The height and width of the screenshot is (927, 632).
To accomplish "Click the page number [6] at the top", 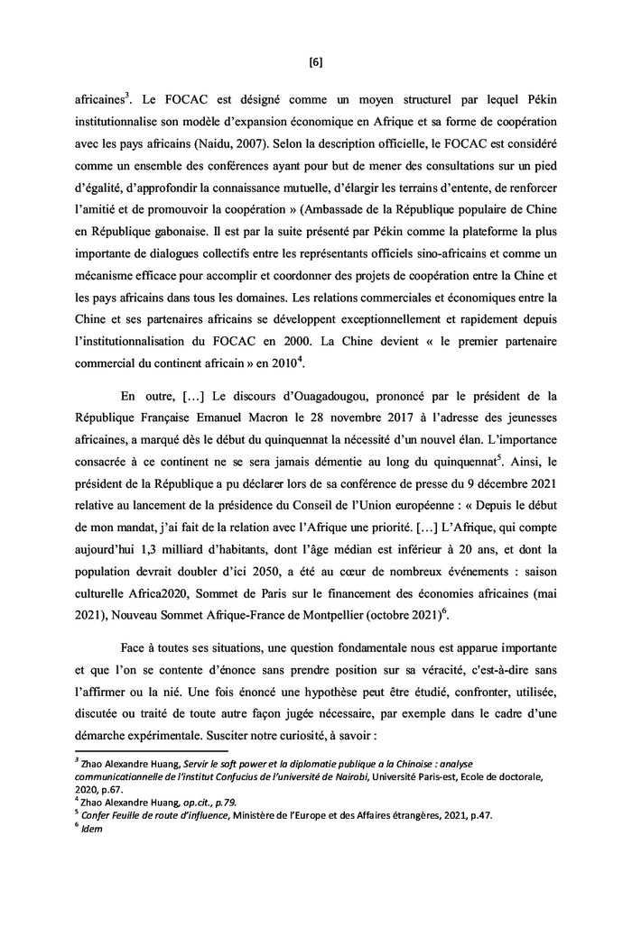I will (316, 62).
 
